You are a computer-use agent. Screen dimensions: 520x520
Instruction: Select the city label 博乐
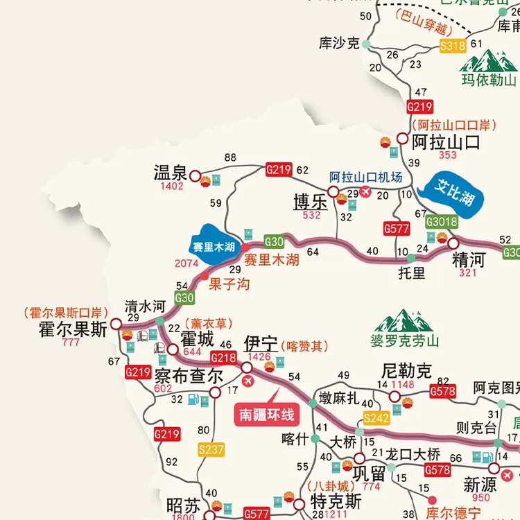tap(310, 202)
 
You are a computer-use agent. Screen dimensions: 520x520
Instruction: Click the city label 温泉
tap(171, 173)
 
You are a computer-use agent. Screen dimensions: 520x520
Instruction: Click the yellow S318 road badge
tap(453, 46)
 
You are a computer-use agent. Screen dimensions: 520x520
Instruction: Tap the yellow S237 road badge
tap(211, 450)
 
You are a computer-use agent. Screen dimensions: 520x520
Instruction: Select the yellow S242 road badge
tap(376, 417)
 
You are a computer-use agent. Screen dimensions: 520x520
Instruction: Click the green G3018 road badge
tap(442, 222)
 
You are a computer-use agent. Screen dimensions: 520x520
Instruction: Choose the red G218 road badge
tap(223, 358)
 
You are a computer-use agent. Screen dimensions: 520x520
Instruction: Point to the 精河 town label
tap(469, 260)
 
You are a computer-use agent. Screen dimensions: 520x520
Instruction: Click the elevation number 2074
tap(187, 263)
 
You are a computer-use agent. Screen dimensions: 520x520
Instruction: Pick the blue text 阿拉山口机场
tap(365, 177)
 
